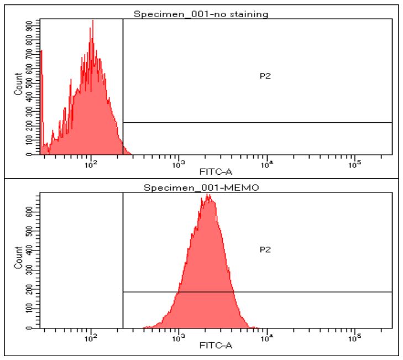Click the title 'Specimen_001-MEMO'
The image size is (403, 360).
pos(202,187)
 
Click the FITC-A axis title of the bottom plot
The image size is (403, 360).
pos(217,346)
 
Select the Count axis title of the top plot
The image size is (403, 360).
pos(19,88)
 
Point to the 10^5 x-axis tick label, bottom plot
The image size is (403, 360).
pos(354,338)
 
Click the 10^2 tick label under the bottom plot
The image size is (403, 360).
pos(91,338)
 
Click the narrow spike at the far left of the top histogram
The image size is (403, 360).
pos(41,53)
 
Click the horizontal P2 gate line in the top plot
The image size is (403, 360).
pos(257,122)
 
